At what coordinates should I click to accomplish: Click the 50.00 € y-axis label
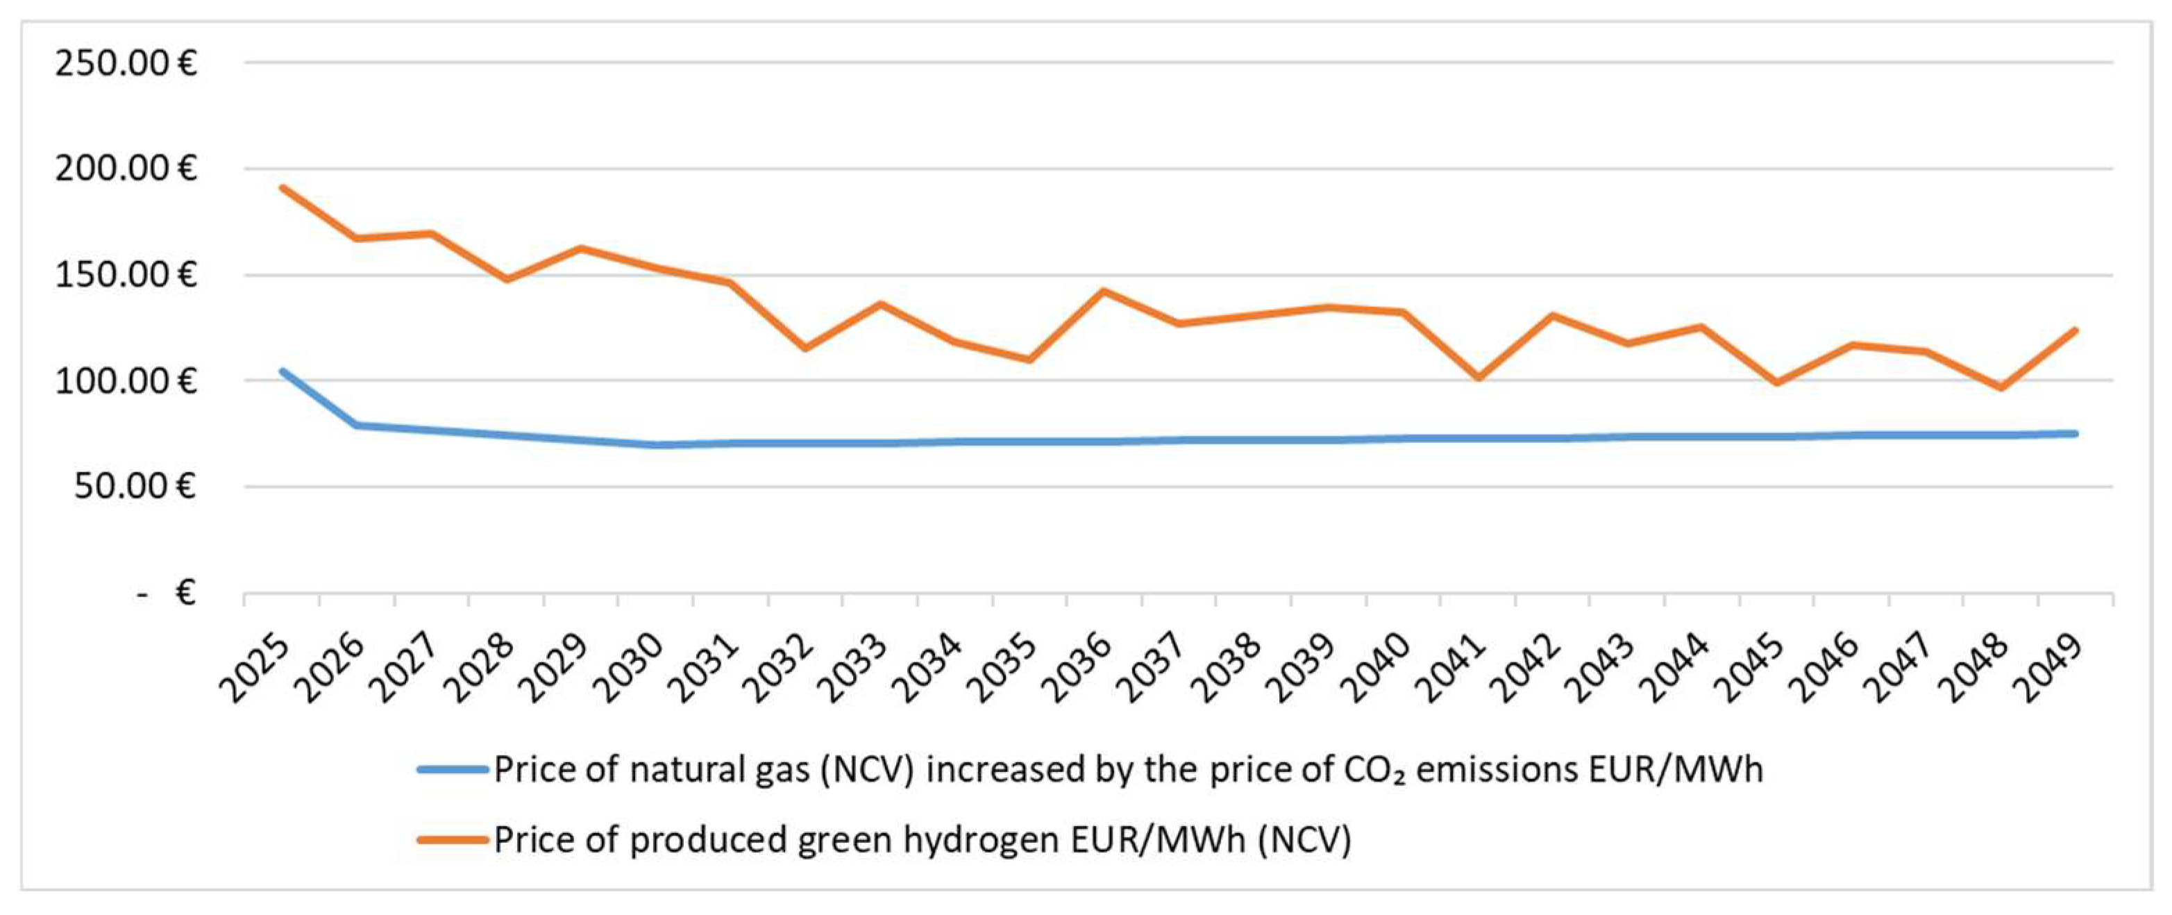click(x=135, y=487)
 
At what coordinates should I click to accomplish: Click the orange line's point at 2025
click(x=283, y=187)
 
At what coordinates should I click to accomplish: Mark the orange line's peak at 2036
click(x=1104, y=291)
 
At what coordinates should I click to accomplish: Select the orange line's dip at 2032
click(x=805, y=347)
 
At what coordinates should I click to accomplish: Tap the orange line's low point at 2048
click(x=2000, y=387)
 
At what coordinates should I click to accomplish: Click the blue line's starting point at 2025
click(x=283, y=371)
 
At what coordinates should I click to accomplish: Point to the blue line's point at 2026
click(x=357, y=425)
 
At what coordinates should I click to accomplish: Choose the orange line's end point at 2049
click(x=2075, y=330)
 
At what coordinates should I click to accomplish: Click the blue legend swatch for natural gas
click(x=453, y=769)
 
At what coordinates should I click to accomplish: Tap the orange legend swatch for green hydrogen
click(x=453, y=840)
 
